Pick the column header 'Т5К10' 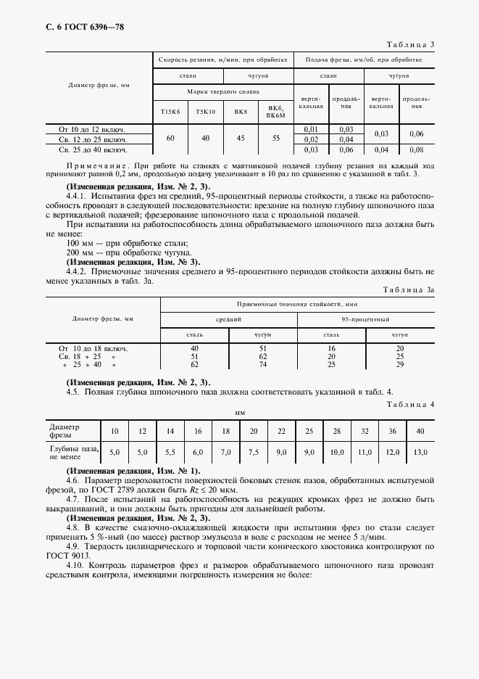click(x=205, y=112)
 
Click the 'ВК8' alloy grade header click(x=241, y=112)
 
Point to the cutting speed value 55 click(x=275, y=138)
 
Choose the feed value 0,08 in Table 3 click(x=416, y=150)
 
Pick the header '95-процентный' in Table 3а click(x=366, y=319)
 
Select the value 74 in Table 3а click(x=263, y=365)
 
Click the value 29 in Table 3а click(x=399, y=365)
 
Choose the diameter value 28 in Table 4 click(x=337, y=432)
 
